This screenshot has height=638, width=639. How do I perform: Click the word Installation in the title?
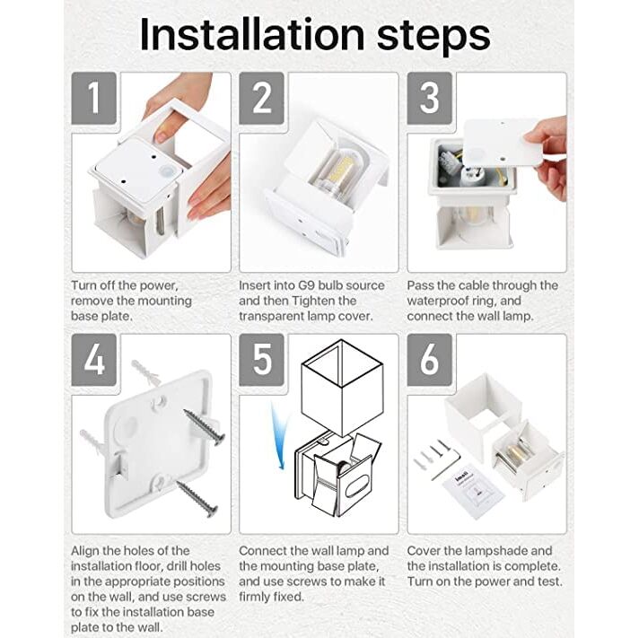click(x=252, y=35)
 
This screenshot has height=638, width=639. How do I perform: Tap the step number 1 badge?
click(x=93, y=98)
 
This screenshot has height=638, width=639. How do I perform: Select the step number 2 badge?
click(x=261, y=98)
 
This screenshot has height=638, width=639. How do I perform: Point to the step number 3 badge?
click(x=430, y=98)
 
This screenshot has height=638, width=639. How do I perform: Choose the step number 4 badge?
click(x=93, y=360)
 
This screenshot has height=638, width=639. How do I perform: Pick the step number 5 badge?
click(x=261, y=360)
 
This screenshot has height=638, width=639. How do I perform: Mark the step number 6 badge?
click(x=430, y=360)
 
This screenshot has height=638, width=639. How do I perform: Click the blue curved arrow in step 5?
click(x=279, y=436)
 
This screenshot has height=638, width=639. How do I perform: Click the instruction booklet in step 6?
click(x=473, y=492)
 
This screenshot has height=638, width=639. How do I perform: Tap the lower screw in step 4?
click(x=197, y=498)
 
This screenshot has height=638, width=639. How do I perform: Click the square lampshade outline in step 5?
click(x=342, y=387)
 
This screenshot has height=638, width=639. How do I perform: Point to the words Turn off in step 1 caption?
click(x=93, y=285)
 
